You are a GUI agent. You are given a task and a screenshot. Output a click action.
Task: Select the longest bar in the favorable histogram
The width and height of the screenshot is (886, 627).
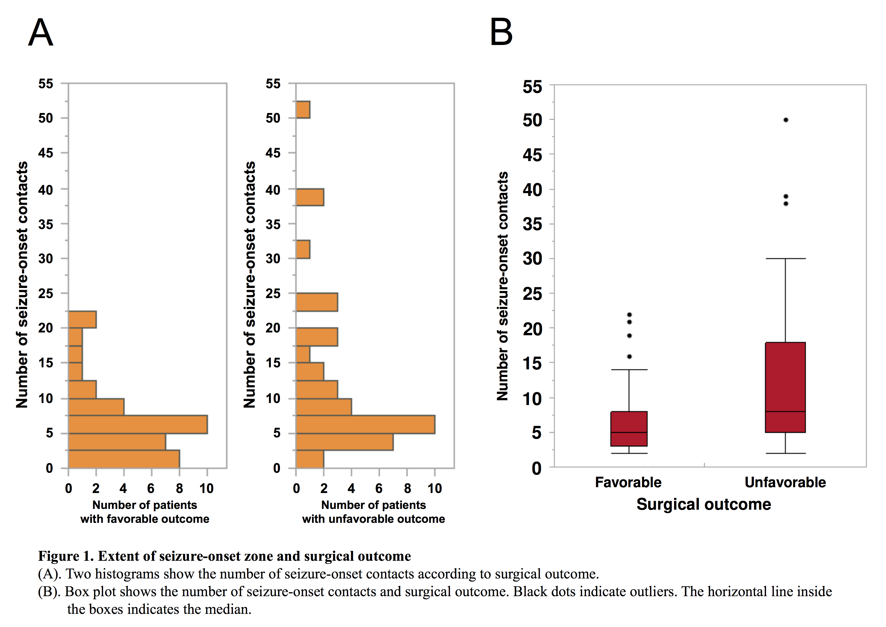pos(138,424)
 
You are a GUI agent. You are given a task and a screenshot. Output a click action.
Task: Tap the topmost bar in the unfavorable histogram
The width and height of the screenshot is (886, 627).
pos(303,110)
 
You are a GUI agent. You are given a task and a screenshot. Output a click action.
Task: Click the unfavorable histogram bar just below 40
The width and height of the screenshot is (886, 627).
pos(310,197)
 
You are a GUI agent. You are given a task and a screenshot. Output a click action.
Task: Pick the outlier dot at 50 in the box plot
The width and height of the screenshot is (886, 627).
pos(786,120)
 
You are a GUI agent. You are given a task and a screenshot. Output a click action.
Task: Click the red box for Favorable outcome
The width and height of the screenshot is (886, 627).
pos(629,429)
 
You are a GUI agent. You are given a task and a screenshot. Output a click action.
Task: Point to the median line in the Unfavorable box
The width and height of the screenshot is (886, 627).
pos(785,412)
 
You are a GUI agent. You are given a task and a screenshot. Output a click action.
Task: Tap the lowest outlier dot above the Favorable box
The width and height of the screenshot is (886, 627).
pos(629,357)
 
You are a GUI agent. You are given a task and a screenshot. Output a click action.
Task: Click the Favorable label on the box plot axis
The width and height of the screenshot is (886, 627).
pos(628,482)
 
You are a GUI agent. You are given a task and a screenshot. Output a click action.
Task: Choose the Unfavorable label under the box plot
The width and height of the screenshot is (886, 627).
pos(785,482)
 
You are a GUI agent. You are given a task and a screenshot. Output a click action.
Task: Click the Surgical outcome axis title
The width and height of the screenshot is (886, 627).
pos(704,504)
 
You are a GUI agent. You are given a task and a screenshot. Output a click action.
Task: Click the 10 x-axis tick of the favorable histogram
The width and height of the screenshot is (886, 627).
pos(206,488)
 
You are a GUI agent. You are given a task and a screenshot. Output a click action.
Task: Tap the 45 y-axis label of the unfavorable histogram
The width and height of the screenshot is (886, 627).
pos(273,153)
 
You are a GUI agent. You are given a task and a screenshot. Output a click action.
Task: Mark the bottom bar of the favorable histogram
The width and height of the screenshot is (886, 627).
pos(124,459)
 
